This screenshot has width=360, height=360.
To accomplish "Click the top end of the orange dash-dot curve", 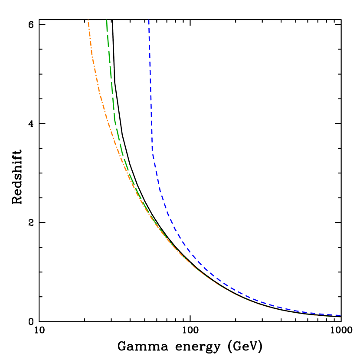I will point(88,20).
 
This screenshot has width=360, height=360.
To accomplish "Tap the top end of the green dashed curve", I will point(107,20).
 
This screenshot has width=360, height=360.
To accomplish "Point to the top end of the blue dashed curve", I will point(149,20).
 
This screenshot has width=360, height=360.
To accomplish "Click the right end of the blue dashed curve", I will point(341,316).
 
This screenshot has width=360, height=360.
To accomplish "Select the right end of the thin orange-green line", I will point(341,317).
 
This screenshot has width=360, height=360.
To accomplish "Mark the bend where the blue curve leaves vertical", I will point(152,152).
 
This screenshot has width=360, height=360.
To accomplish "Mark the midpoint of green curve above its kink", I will point(111,69).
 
